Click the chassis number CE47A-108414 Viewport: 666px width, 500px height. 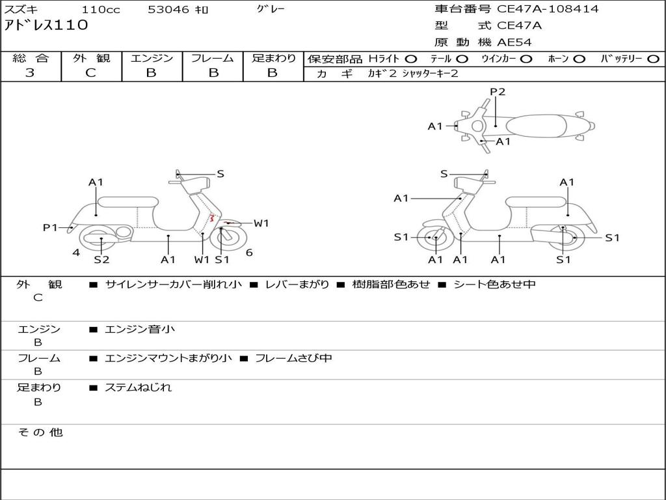tap(548, 9)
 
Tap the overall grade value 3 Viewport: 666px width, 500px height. tap(30, 73)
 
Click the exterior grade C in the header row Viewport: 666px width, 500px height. tap(91, 73)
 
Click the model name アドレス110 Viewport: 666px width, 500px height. tap(46, 25)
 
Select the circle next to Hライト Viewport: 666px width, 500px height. tap(411, 59)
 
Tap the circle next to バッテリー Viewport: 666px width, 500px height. tap(653, 59)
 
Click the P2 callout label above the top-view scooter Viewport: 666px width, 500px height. tap(498, 92)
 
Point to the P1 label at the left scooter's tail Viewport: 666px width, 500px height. tap(49, 228)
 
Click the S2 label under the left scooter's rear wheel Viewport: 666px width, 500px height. tap(101, 259)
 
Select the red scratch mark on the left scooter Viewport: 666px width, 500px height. tap(211, 219)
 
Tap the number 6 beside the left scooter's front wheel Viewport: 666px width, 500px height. tap(249, 253)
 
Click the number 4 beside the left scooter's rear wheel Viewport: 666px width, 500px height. tap(76, 253)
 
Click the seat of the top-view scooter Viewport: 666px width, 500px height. tap(536, 126)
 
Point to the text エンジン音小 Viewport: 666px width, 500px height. tap(140, 329)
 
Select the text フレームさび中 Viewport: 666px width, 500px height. tap(293, 358)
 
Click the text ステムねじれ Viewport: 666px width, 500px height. tap(138, 387)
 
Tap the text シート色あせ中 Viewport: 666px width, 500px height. tap(495, 284)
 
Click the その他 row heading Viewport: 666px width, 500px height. tap(40, 432)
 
